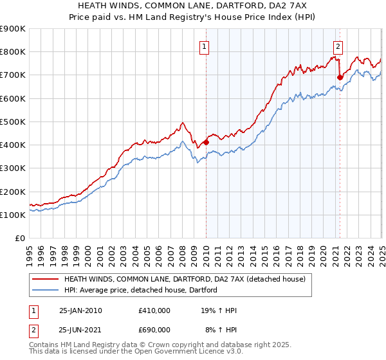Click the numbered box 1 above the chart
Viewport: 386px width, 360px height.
pyautogui.click(x=204, y=46)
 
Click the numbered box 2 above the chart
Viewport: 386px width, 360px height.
pyautogui.click(x=338, y=46)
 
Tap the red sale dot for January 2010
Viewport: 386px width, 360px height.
pyautogui.click(x=206, y=142)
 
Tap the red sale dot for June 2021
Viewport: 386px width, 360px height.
pyautogui.click(x=340, y=77)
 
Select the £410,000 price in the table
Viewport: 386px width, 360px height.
pyautogui.click(x=154, y=310)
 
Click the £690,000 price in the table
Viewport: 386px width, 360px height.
pyautogui.click(x=154, y=330)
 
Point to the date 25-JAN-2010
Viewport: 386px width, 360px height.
pyautogui.click(x=80, y=310)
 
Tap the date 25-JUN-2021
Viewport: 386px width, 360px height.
pyautogui.click(x=80, y=330)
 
